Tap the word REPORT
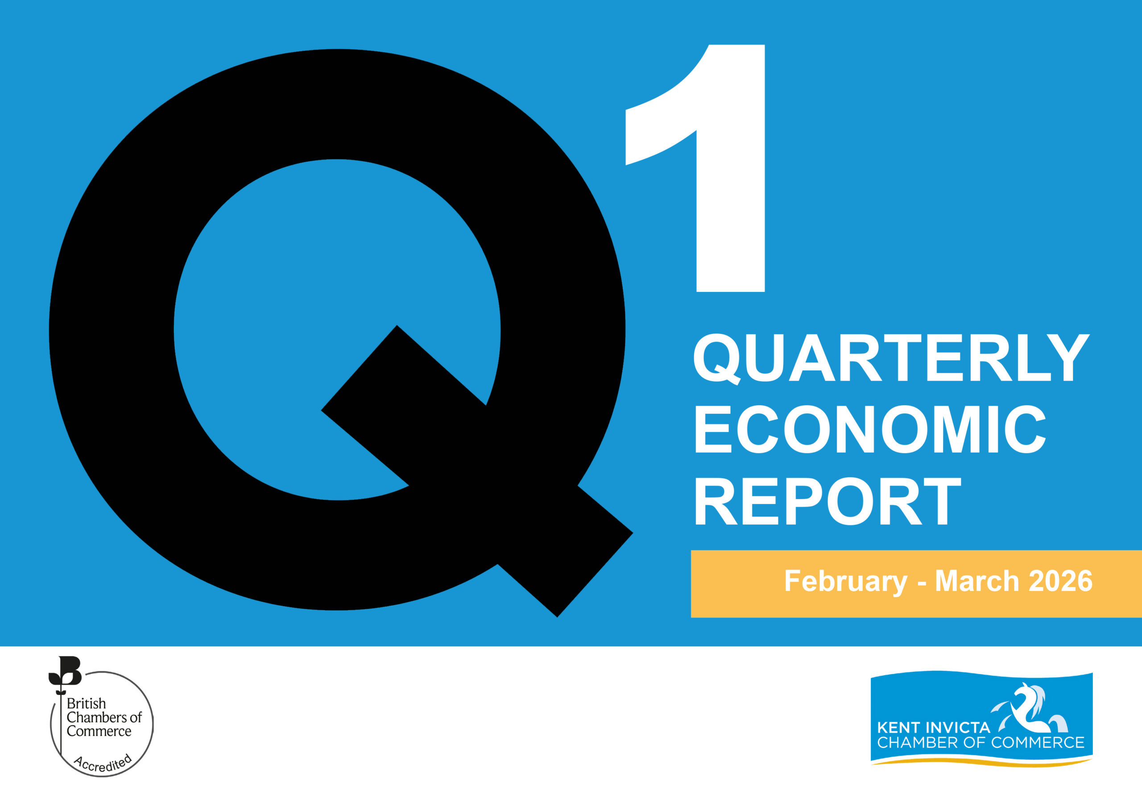(828, 501)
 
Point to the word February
(845, 581)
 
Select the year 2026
(1060, 581)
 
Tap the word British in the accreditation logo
(86, 703)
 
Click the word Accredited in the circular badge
(103, 764)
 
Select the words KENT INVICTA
(933, 728)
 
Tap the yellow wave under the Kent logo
(982, 761)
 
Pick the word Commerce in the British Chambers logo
(99, 731)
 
